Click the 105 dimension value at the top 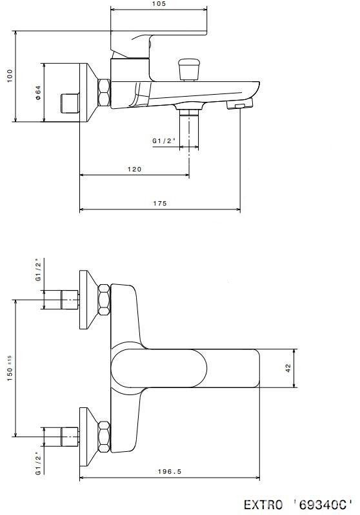coord(159,4)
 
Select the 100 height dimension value coord(10,76)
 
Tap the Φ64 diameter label coord(39,93)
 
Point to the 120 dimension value coord(134,169)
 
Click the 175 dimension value coord(160,203)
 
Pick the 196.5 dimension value coord(169,472)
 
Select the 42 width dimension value coord(288,368)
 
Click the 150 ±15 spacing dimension coord(10,368)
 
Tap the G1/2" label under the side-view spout coord(164,141)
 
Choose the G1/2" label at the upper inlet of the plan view coord(39,269)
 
